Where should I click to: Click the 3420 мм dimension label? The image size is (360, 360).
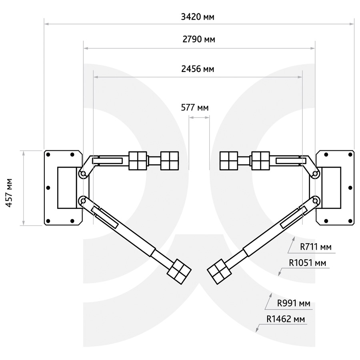pyautogui.click(x=198, y=17)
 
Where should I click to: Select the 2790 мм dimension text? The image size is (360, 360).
pyautogui.click(x=199, y=40)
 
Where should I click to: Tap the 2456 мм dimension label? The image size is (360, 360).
pyautogui.click(x=198, y=69)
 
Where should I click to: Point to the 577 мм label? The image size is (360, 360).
pyautogui.click(x=195, y=108)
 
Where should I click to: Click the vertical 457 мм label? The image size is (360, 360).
pyautogui.click(x=10, y=193)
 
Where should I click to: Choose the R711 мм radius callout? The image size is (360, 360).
pyautogui.click(x=316, y=247)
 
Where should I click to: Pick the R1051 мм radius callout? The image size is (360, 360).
pyautogui.click(x=308, y=263)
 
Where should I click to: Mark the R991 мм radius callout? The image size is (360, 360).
pyautogui.click(x=294, y=303)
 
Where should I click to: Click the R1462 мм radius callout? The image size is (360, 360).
pyautogui.click(x=286, y=319)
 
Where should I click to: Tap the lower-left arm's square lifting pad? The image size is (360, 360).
pyautogui.click(x=179, y=272)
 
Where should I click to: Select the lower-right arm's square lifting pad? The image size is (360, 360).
pyautogui.click(x=219, y=272)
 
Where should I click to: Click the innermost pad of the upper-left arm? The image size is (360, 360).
pyautogui.click(x=170, y=161)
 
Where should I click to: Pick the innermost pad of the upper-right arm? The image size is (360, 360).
pyautogui.click(x=229, y=161)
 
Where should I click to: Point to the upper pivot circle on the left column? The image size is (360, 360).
pyautogui.click(x=83, y=174)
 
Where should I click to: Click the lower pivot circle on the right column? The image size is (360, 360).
pyautogui.click(x=316, y=201)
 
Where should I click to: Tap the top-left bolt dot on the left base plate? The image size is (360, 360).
pyautogui.click(x=48, y=154)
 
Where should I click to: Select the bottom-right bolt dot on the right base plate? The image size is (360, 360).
pyautogui.click(x=350, y=221)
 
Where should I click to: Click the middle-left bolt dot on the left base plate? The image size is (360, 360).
pyautogui.click(x=48, y=188)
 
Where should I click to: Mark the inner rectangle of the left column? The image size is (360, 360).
pyautogui.click(x=67, y=188)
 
